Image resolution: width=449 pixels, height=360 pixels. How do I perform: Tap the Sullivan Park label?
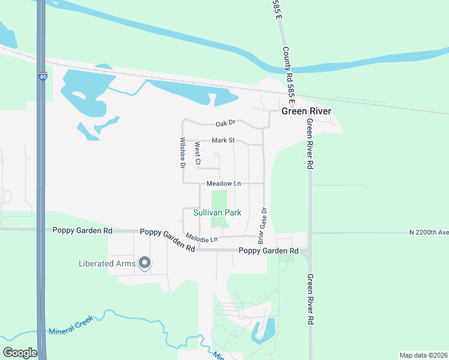pos(217,212)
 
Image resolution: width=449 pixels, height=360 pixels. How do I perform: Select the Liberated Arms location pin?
pos(145,263)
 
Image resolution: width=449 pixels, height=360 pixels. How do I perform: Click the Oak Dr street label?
pos(225,124)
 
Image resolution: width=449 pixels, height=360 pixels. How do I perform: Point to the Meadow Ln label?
pos(223,183)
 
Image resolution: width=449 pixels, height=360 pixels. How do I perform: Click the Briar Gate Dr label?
pos(262,225)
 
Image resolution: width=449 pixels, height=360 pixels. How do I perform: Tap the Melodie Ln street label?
pos(200,238)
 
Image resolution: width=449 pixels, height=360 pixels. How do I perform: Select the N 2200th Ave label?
pos(429,232)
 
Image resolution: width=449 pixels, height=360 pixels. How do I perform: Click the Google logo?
pos(20,353)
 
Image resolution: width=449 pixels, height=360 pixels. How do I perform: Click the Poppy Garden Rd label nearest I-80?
pos(82,230)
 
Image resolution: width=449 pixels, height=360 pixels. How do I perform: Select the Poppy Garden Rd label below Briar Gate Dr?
pos(268,250)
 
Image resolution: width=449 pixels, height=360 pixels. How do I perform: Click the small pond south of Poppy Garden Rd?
pos(265,329)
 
